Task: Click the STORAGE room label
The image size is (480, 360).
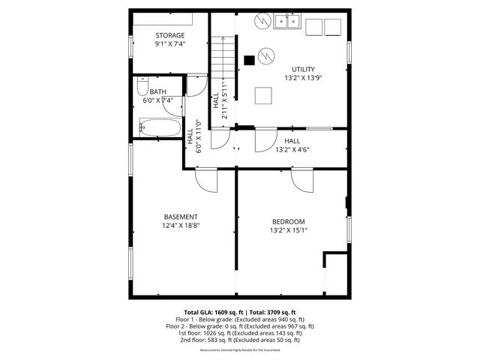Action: click(170, 35)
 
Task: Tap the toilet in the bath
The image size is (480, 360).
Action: click(145, 83)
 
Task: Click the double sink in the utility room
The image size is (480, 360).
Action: click(287, 21)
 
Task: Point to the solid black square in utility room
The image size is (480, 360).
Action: click(250, 61)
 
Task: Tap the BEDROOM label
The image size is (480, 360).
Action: click(289, 221)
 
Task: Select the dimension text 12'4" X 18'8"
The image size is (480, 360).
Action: click(181, 225)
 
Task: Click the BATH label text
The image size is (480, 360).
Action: click(157, 91)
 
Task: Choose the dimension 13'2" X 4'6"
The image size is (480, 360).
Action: click(292, 149)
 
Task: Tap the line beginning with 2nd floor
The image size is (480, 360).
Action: click(240, 340)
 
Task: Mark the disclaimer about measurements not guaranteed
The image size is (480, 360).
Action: click(240, 350)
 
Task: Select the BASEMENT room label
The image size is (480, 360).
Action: click(181, 217)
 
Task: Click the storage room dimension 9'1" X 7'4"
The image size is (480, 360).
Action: click(170, 43)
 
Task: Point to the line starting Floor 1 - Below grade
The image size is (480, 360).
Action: click(240, 319)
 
